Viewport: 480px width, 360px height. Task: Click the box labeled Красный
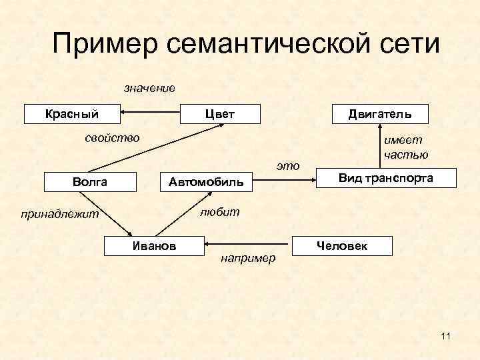pyautogui.click(x=71, y=114)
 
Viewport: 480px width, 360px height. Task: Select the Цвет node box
pyautogui.click(x=221, y=114)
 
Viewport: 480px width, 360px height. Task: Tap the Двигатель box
pyautogui.click(x=380, y=114)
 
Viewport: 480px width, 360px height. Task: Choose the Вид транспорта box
pyautogui.click(x=385, y=178)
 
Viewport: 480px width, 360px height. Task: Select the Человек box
pyautogui.click(x=341, y=246)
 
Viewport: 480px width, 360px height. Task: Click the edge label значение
pyautogui.click(x=149, y=88)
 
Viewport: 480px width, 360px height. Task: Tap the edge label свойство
pyautogui.click(x=112, y=138)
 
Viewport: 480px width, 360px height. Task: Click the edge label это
pyautogui.click(x=288, y=165)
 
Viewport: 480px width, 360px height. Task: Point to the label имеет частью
pyautogui.click(x=405, y=147)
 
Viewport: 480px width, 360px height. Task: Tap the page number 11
pyautogui.click(x=445, y=335)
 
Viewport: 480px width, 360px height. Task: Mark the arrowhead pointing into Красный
pyautogui.click(x=124, y=114)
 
